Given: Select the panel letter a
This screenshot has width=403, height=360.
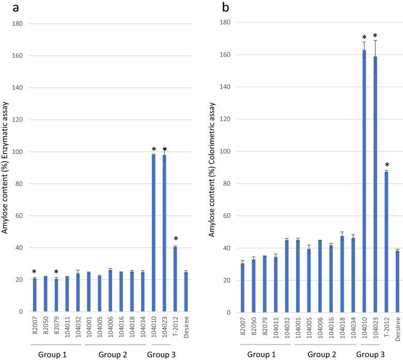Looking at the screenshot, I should [x=6, y=7].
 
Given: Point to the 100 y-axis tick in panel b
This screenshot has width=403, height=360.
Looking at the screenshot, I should [x=227, y=151].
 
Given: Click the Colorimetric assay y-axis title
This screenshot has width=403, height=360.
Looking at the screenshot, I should [x=212, y=178].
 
